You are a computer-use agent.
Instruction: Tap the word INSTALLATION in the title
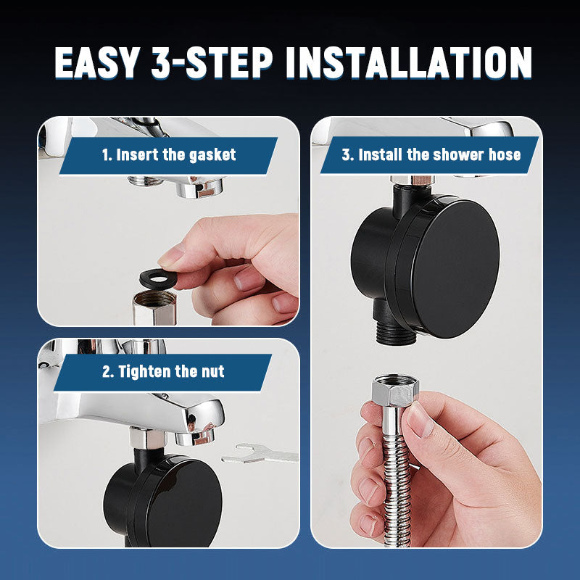[410, 62]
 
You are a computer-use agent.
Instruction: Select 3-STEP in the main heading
[212, 62]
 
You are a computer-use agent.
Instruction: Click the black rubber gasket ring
[158, 278]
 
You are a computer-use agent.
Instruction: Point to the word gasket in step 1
[212, 155]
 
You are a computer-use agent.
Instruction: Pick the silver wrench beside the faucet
[260, 454]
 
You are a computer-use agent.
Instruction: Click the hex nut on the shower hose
[394, 391]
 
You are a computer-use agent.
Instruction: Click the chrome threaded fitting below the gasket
[154, 307]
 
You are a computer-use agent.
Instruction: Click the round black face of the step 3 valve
[455, 269]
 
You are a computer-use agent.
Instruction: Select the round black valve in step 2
[162, 501]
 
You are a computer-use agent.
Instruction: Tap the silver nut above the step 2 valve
[147, 438]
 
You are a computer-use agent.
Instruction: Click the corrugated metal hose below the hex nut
[397, 492]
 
